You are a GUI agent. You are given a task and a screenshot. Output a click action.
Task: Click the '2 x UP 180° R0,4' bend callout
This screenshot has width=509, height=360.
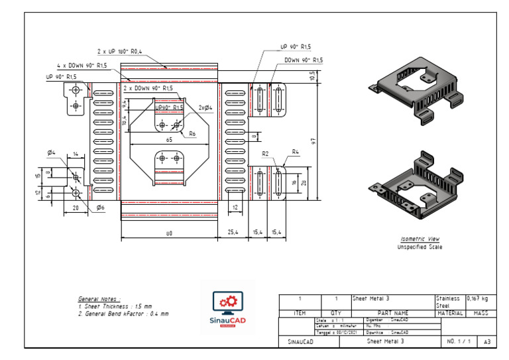point(120,51)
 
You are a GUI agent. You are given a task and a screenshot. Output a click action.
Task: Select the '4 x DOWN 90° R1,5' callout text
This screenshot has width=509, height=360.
point(82,66)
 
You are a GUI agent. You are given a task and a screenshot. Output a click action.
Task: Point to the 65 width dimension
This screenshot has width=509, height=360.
point(169,141)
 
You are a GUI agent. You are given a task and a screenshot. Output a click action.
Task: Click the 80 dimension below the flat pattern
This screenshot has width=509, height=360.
point(169,233)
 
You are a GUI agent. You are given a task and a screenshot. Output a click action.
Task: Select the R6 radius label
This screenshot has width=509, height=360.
point(192,133)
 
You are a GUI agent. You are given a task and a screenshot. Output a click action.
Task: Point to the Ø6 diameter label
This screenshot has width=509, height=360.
point(100,208)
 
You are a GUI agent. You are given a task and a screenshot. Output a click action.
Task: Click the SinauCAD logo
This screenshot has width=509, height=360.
point(227,306)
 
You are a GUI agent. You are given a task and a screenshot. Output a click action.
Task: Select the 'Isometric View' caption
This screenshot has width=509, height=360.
point(420,239)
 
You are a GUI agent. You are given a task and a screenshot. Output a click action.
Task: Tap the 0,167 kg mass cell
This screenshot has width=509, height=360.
point(479,299)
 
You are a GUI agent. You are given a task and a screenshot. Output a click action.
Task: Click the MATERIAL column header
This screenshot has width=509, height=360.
point(450,313)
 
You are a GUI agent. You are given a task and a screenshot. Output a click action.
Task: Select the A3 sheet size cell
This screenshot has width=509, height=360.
point(487,341)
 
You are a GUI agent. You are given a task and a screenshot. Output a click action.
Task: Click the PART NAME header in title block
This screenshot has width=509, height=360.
point(393,313)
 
